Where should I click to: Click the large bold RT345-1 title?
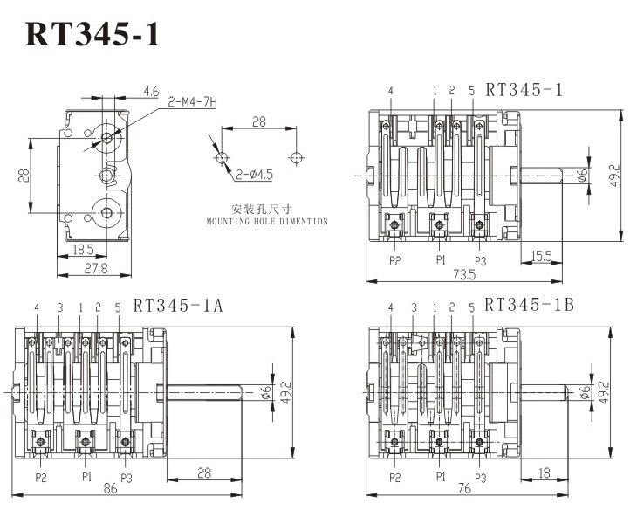pos(92,35)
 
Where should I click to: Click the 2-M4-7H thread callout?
pos(193,101)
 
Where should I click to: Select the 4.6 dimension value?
pos(151,92)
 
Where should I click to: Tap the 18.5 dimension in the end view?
pos(83,250)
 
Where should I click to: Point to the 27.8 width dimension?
pos(96,268)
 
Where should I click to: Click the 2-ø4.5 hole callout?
pos(254,175)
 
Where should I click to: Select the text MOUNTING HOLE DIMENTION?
pos(267,222)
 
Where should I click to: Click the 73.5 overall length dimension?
pos(464,274)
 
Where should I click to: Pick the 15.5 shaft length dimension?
pos(542,256)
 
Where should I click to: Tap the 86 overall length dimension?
pos(110,488)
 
